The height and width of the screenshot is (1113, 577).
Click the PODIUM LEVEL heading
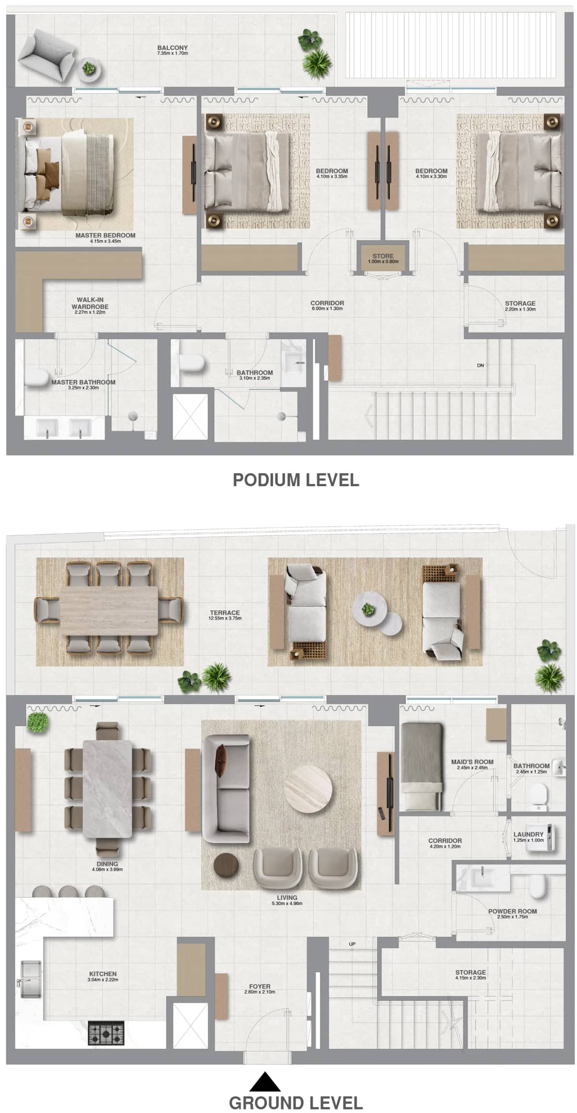pos(296,480)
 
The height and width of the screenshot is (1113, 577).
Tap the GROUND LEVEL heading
pos(296,1102)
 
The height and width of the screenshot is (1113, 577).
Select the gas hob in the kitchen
pos(106,1032)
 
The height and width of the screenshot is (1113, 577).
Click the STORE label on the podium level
pos(383,256)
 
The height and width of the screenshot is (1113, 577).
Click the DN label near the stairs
pos(480,365)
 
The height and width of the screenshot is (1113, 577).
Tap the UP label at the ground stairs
pos(352,944)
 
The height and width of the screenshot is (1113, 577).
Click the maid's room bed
pos(421,765)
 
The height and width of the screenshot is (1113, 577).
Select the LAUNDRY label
pos(528,834)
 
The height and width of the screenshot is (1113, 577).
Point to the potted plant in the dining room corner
pos(38,722)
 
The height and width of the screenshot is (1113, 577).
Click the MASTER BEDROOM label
pos(105,235)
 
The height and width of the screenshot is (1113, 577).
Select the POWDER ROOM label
pos(512,911)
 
